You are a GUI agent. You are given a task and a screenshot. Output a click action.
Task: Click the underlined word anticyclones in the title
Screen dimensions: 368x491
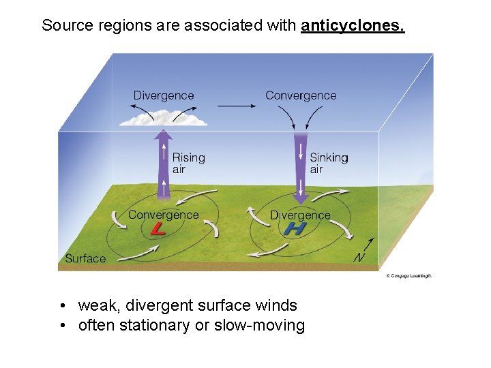coord(353,26)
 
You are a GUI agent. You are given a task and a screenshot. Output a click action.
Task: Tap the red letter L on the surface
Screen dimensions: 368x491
coord(158,229)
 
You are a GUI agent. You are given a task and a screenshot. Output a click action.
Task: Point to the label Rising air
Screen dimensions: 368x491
coord(188,163)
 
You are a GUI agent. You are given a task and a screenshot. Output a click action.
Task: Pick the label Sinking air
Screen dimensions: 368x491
coord(329,163)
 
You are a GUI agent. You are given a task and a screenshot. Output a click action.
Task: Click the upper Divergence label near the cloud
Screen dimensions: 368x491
coord(164,96)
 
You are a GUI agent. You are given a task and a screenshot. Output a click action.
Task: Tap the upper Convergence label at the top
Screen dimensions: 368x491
coord(301,96)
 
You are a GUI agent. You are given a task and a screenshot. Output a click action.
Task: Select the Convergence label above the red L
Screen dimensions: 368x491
coord(164,215)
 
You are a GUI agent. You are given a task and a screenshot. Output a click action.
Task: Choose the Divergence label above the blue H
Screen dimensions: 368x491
coord(300,215)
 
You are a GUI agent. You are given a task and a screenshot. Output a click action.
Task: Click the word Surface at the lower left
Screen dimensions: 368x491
coord(85,258)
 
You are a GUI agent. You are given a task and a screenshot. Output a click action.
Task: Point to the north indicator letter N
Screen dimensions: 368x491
coord(358,258)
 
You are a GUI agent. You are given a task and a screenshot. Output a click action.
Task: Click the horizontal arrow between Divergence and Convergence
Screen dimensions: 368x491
coord(235,106)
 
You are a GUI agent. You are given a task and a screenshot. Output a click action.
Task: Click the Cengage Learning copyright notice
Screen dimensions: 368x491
coord(408,276)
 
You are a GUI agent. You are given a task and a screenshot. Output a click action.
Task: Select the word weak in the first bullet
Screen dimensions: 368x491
coord(95,305)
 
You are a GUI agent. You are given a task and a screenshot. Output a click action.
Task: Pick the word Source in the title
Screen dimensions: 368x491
coord(65,26)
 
